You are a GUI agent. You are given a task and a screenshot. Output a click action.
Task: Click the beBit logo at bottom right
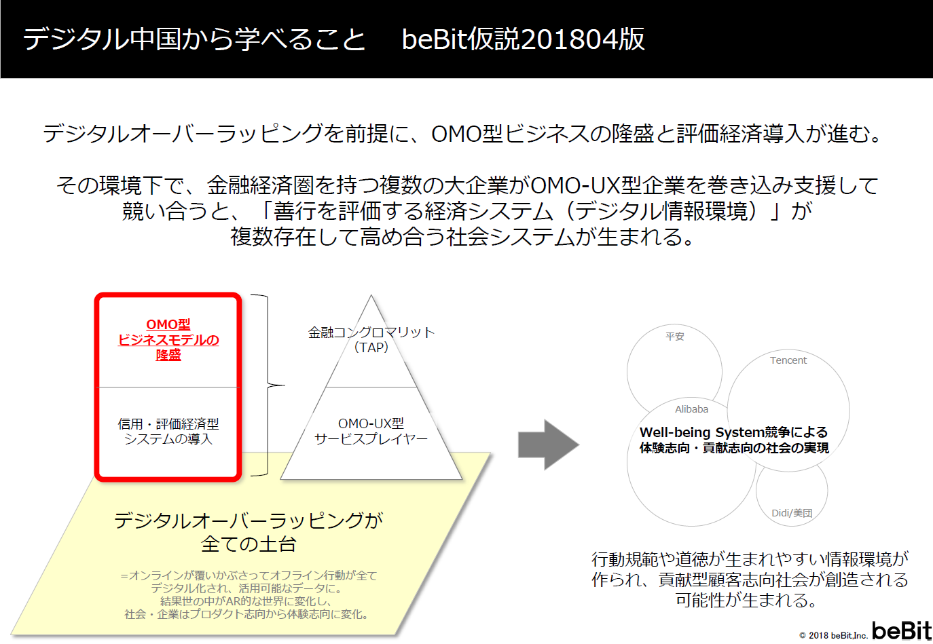pyautogui.click(x=901, y=630)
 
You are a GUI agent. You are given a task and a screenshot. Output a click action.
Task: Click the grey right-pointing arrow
pyautogui.click(x=548, y=445)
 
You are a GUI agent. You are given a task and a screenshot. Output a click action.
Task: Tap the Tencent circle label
pyautogui.click(x=788, y=360)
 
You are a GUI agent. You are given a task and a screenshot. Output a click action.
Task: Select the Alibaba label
pyautogui.click(x=691, y=409)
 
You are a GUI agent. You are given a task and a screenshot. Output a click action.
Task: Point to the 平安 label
pyautogui.click(x=674, y=337)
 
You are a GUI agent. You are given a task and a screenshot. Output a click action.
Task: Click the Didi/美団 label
pyautogui.click(x=792, y=513)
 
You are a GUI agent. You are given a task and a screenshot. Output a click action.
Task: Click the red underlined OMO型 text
pyautogui.click(x=168, y=324)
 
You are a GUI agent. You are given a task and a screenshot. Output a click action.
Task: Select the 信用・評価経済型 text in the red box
pyautogui.click(x=168, y=424)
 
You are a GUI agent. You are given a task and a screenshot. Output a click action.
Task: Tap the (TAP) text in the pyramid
pyautogui.click(x=371, y=347)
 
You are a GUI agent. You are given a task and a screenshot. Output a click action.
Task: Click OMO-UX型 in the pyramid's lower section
pyautogui.click(x=371, y=423)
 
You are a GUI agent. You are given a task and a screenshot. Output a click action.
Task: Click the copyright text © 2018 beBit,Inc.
pyautogui.click(x=833, y=636)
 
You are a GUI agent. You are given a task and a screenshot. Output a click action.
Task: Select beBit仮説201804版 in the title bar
pyautogui.click(x=523, y=39)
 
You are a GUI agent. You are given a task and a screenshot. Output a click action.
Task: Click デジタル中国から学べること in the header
pyautogui.click(x=194, y=39)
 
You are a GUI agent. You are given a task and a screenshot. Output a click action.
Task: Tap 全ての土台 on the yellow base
pyautogui.click(x=249, y=544)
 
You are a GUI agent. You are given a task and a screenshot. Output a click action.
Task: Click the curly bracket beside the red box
pyautogui.click(x=270, y=385)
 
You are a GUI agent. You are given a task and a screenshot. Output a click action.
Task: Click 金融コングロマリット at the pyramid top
pyautogui.click(x=371, y=332)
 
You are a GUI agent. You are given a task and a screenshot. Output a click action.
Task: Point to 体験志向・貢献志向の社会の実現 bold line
pyautogui.click(x=734, y=448)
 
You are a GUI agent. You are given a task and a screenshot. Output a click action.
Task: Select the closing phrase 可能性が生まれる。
pyautogui.click(x=746, y=601)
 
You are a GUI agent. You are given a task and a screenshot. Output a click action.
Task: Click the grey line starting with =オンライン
pyautogui.click(x=249, y=575)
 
